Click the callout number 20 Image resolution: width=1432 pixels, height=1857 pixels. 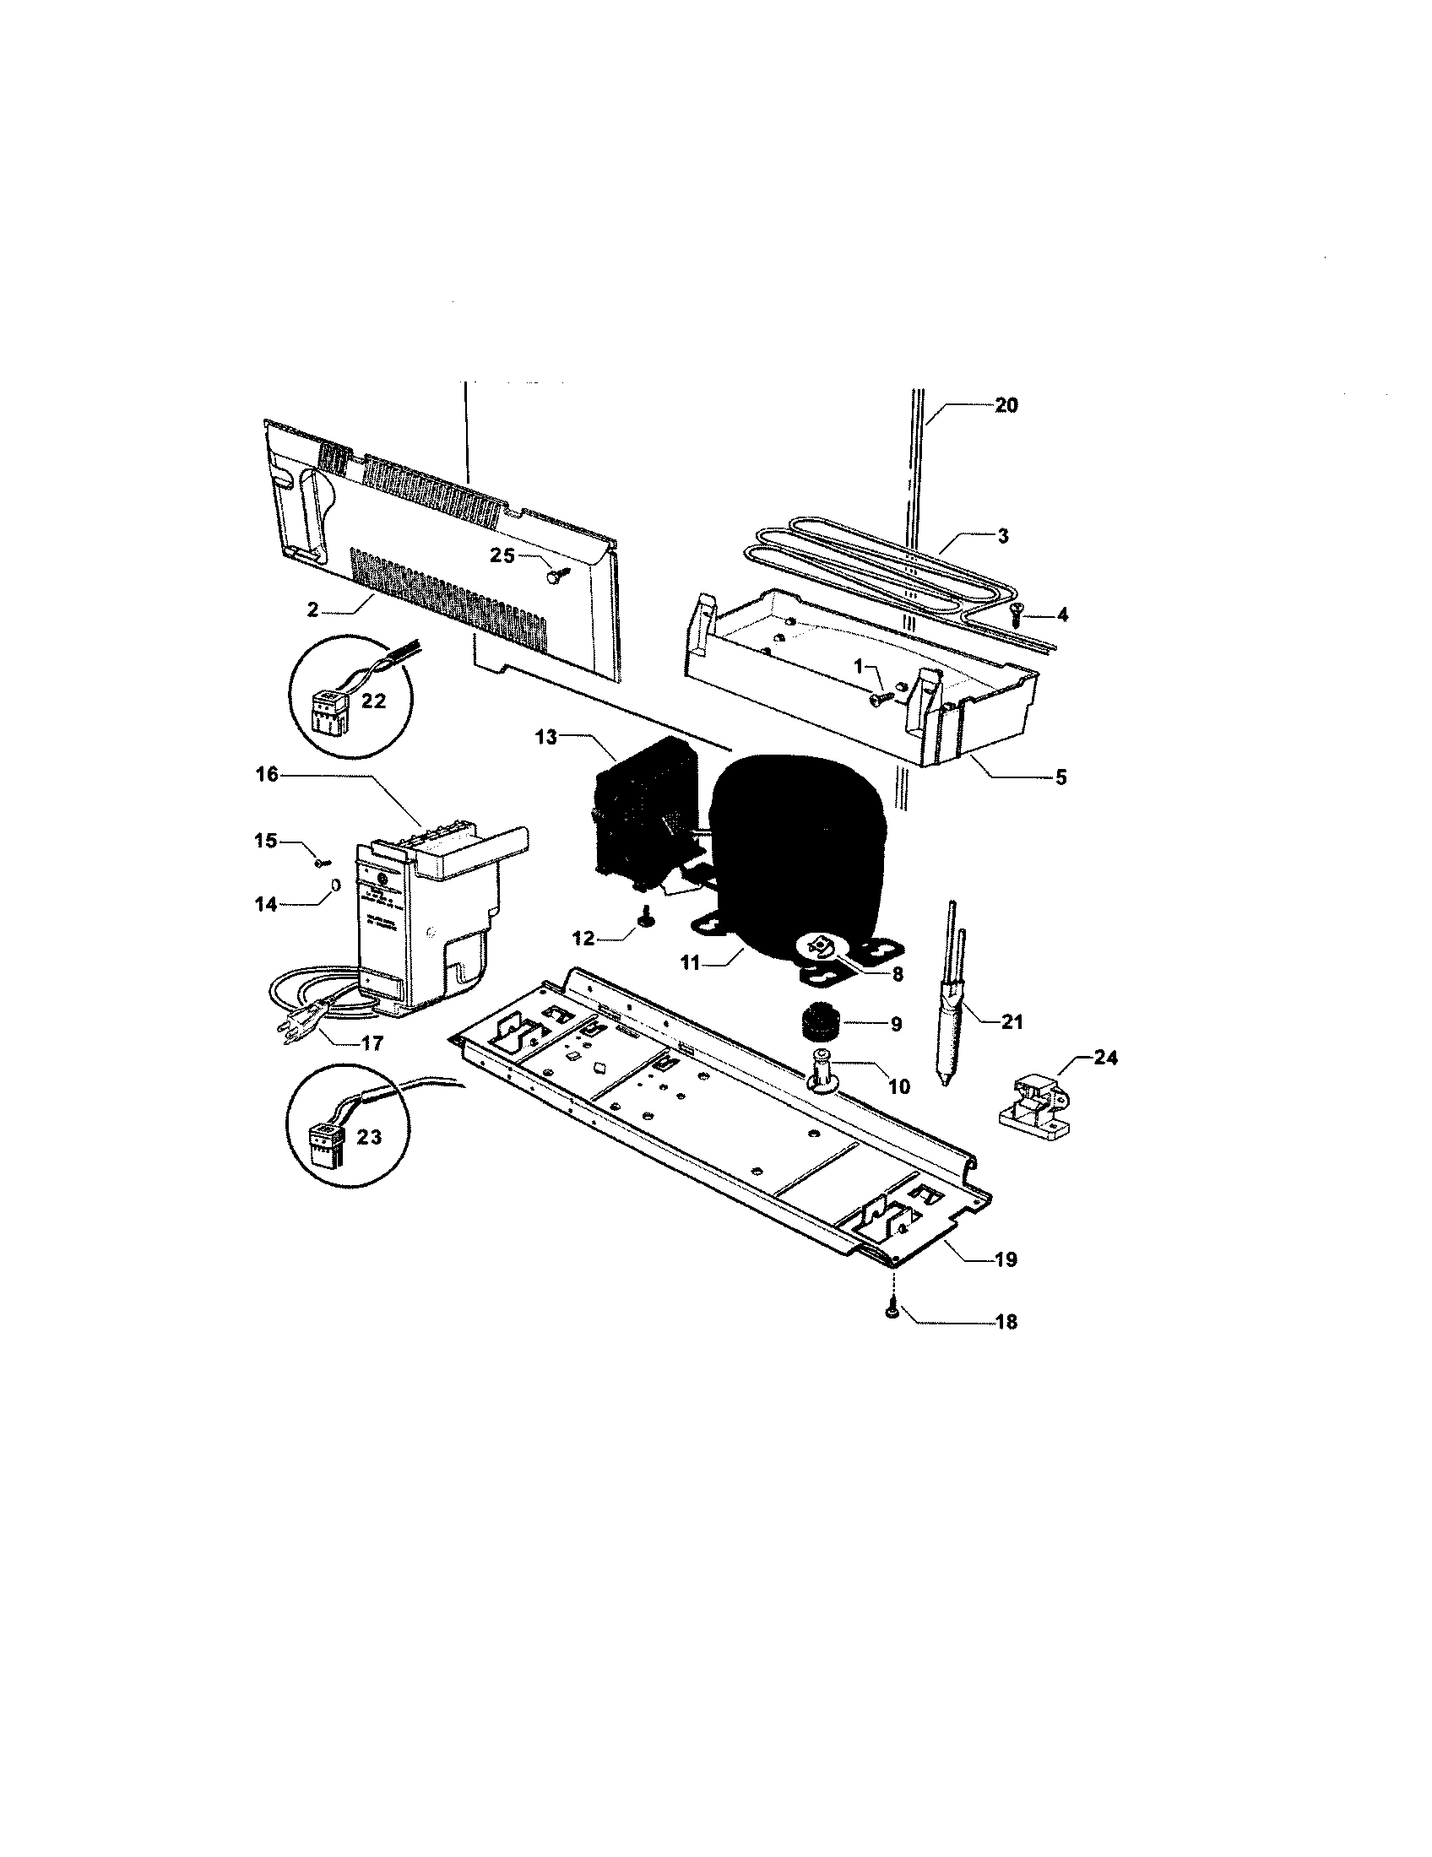point(1005,405)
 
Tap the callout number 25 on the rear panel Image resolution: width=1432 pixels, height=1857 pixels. point(502,555)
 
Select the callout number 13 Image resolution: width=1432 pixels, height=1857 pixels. point(546,737)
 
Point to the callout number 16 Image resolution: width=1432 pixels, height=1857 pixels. point(267,775)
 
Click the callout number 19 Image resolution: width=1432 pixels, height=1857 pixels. point(1005,1259)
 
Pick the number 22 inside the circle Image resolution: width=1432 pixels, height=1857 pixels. point(374,701)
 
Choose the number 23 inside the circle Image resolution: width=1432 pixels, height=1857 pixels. point(369,1137)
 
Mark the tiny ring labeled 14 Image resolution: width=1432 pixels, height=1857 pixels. point(335,885)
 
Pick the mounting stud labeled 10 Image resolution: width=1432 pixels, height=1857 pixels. point(822,1067)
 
